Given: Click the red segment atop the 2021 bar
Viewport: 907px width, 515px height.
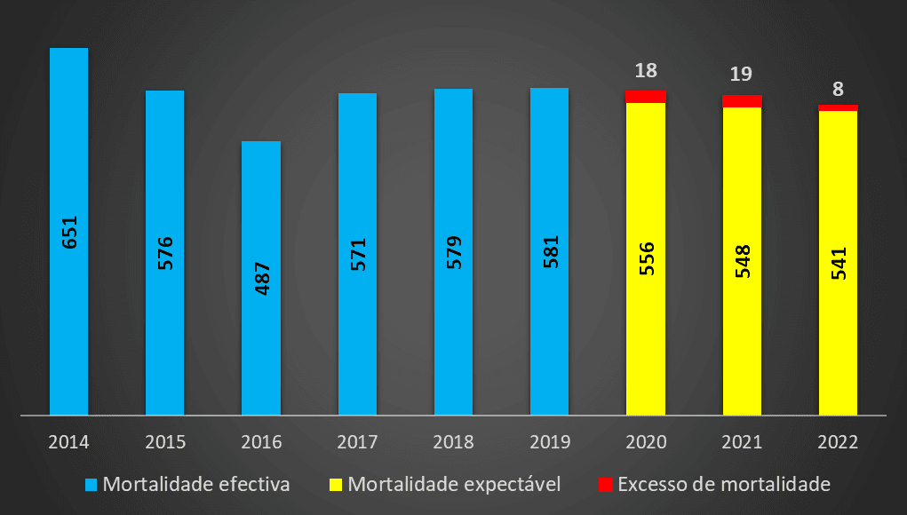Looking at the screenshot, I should tap(742, 101).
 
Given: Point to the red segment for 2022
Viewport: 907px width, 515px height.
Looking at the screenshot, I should tap(838, 107).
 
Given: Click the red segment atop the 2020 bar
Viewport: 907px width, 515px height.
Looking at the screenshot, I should tap(646, 97).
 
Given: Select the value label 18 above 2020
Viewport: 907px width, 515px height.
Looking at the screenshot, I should tap(646, 71).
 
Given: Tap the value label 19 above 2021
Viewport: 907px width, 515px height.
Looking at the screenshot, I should tap(742, 75).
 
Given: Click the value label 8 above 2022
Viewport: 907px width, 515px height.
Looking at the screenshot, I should tap(838, 89).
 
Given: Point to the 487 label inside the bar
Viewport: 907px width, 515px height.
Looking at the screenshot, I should tap(262, 278).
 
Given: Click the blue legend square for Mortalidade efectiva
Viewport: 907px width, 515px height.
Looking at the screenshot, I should tap(91, 485).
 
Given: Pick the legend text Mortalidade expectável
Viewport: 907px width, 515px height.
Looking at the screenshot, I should tap(454, 485).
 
